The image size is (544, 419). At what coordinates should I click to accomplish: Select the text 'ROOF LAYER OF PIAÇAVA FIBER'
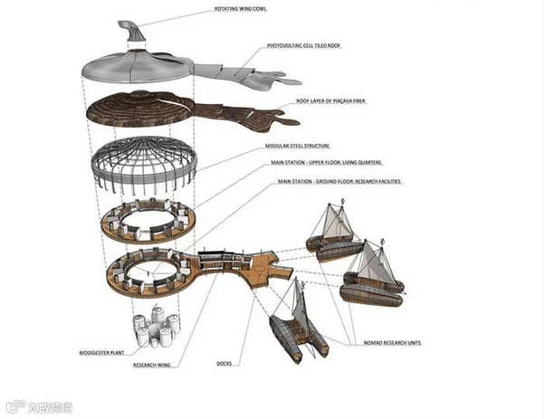336,100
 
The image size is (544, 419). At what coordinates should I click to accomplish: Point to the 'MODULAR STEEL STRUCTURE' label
298,145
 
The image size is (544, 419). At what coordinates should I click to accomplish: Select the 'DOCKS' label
225,365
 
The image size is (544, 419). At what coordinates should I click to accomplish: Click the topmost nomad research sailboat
334,232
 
